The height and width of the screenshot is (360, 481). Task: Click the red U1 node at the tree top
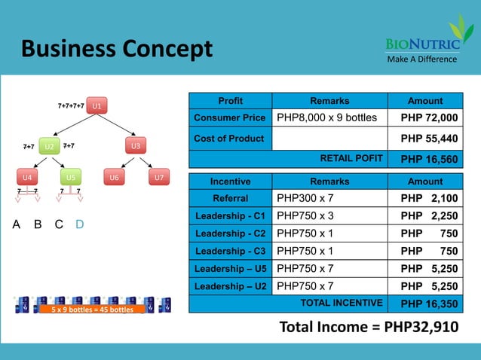tap(97, 105)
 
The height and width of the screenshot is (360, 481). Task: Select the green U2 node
tap(49, 146)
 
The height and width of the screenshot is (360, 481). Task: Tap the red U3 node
tap(136, 145)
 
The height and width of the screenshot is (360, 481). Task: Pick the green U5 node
tap(70, 178)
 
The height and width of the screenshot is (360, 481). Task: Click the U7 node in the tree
tap(158, 178)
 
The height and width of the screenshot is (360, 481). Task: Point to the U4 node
tap(26, 178)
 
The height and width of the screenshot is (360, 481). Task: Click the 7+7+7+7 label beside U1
tap(71, 106)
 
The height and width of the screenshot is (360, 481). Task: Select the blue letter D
tap(80, 225)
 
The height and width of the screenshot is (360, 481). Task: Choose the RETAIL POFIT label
tap(352, 158)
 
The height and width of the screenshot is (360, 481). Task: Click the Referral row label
tap(229, 198)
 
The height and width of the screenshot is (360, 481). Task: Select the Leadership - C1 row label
tap(229, 216)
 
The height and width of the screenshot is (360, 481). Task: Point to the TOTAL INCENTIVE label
tap(342, 303)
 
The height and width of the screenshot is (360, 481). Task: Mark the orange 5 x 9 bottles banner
tap(92, 310)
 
